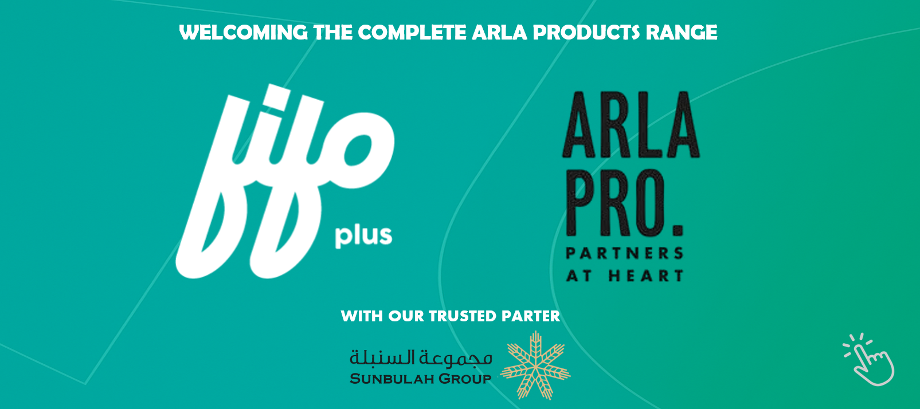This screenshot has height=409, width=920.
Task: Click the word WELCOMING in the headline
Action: point(244,33)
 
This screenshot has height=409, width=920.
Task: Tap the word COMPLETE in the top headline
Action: point(412,33)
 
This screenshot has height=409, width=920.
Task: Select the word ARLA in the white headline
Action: point(499,33)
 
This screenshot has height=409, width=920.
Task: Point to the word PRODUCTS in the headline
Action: point(586,33)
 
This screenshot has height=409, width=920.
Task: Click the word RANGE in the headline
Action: point(682,33)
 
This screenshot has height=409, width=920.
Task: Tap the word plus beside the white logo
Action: point(363,235)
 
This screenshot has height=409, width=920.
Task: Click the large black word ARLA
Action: point(631,125)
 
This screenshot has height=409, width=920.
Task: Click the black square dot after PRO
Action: point(678,230)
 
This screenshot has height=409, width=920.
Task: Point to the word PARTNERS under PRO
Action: point(624,253)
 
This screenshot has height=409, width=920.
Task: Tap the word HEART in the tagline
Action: point(646,276)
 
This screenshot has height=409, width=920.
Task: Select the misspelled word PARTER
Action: point(531,316)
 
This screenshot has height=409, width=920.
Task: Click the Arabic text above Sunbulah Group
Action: point(421,358)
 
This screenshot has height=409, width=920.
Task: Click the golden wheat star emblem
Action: point(535,365)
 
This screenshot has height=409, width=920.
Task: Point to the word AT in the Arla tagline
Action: point(579,276)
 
